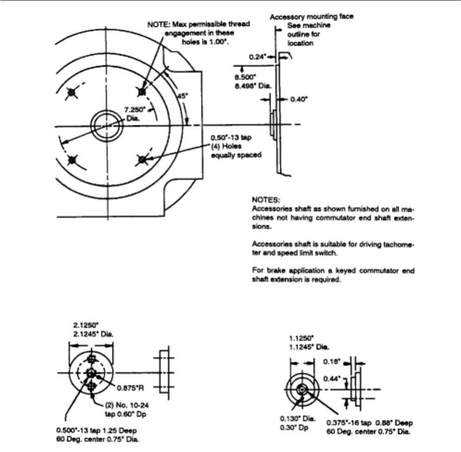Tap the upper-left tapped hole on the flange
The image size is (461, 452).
[x=71, y=93]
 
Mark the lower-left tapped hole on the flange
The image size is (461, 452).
[x=72, y=160]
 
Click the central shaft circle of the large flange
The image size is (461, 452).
[x=106, y=125]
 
